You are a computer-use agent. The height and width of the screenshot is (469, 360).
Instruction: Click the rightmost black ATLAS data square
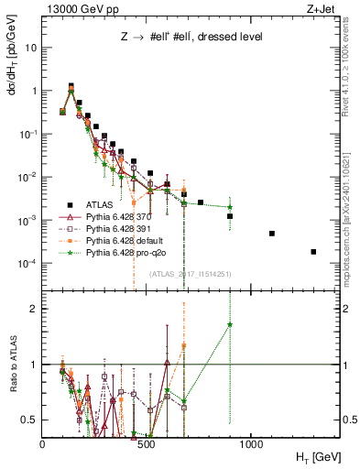[x=313, y=252]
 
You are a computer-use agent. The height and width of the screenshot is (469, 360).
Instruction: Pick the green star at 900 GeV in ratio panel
[x=230, y=324]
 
